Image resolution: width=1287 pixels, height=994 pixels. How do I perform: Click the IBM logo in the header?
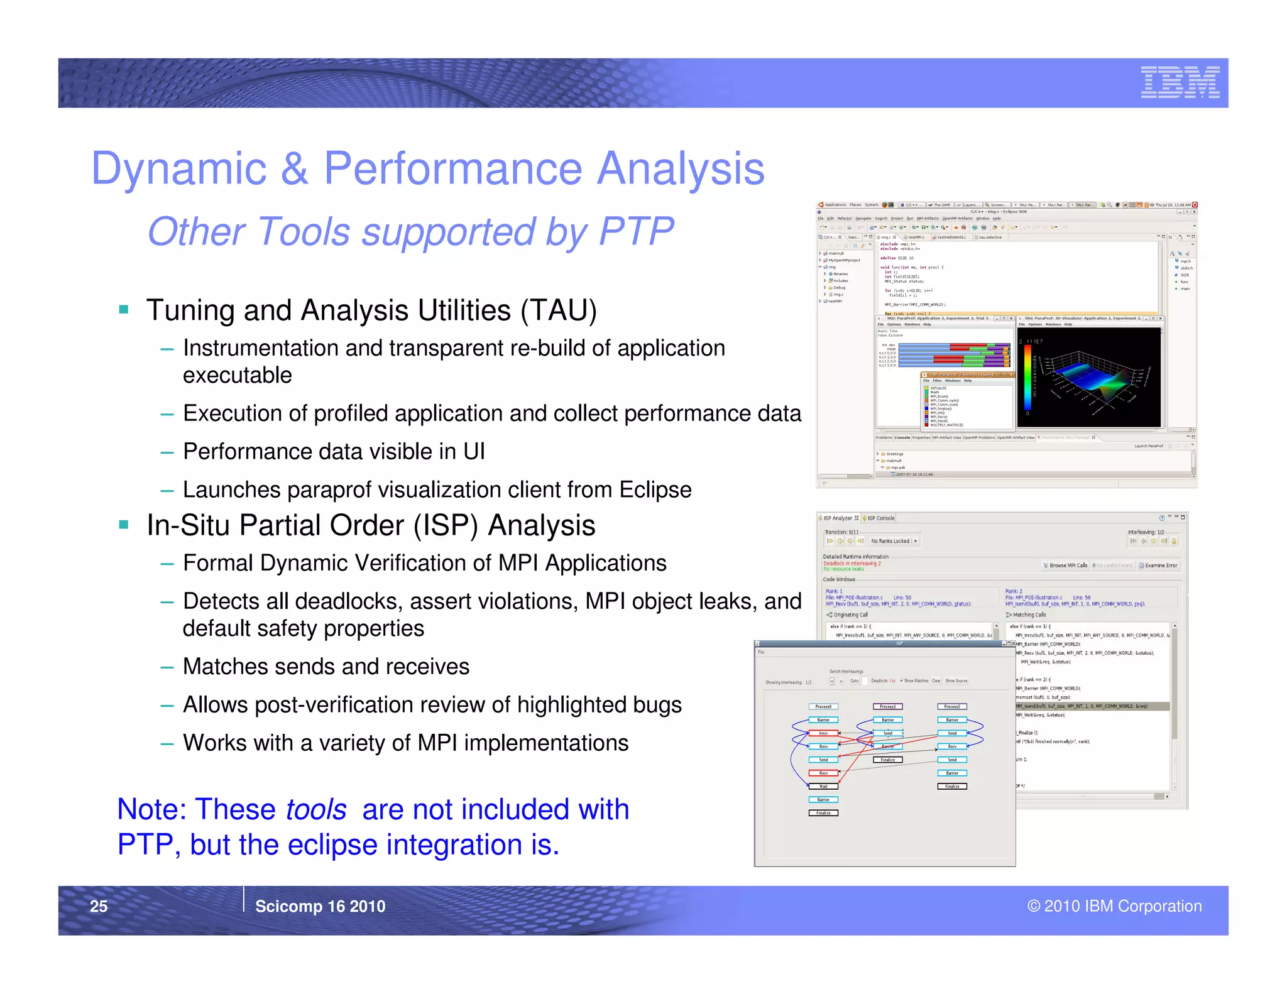[x=1180, y=82]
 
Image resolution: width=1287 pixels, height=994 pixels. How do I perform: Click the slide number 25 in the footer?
[x=99, y=906]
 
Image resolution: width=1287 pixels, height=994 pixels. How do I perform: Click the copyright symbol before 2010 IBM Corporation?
[x=1033, y=906]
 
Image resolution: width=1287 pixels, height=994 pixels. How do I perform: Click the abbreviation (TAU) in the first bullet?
[x=558, y=310]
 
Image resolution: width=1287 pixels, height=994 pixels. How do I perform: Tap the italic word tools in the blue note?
[x=315, y=809]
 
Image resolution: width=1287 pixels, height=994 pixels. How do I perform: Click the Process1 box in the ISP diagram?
[x=887, y=706]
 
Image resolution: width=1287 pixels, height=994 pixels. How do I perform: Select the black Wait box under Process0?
[x=823, y=786]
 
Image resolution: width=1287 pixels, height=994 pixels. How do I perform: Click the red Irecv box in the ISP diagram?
[x=823, y=733]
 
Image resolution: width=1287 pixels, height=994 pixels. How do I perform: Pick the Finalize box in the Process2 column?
[x=952, y=786]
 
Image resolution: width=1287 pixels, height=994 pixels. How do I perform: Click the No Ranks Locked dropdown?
[x=894, y=541]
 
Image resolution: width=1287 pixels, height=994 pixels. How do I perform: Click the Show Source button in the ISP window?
[x=956, y=680]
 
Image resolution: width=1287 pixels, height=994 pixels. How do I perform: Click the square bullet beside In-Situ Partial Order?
[x=124, y=525]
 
